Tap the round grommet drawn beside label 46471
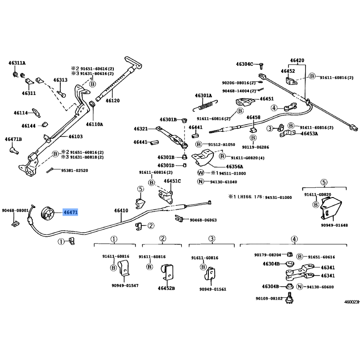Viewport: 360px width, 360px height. point(46,213)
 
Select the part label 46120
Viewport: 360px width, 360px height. point(112,101)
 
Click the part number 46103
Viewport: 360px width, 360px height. point(75,136)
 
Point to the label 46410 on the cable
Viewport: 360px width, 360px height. point(121,210)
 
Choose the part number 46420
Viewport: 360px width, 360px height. point(297,60)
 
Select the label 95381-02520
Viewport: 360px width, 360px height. point(75,171)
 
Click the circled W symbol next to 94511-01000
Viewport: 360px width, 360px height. point(201,173)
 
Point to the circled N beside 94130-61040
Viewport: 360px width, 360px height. point(201,182)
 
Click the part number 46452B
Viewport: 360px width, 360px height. point(166,288)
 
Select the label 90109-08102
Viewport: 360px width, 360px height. point(269,298)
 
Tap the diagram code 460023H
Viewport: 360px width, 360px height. point(352,302)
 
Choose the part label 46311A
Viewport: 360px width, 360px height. point(17,63)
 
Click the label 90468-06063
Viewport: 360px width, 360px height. point(203,220)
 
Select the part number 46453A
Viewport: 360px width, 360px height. point(309,134)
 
